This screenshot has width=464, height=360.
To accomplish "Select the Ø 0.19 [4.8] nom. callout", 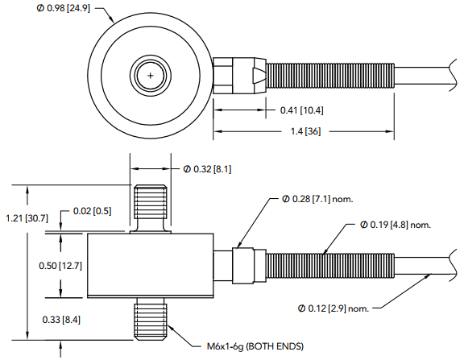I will pyautogui.click(x=396, y=223).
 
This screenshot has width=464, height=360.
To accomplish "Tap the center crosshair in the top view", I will pyautogui.click(x=151, y=74).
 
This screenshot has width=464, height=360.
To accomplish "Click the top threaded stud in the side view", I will pyautogui.click(x=151, y=206).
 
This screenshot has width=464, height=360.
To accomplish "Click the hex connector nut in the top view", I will pyautogui.click(x=238, y=74).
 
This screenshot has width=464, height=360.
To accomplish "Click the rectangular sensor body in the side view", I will pyautogui.click(x=150, y=264).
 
